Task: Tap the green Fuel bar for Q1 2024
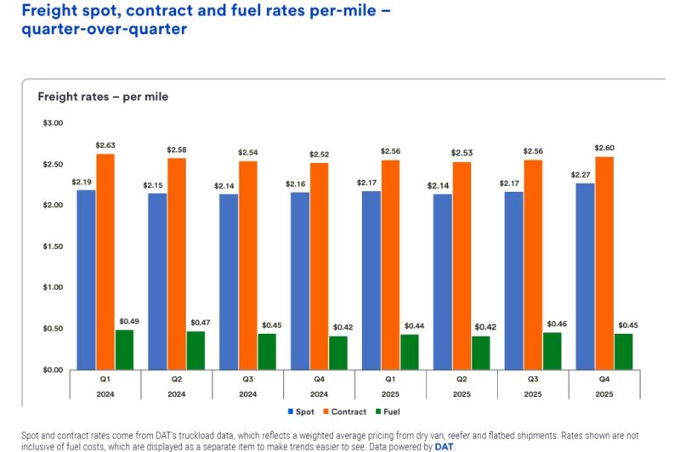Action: click(x=125, y=349)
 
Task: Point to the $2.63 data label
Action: click(x=105, y=145)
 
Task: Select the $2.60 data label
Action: click(x=603, y=148)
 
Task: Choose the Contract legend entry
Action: click(x=343, y=412)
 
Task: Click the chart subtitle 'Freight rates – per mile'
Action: click(x=103, y=97)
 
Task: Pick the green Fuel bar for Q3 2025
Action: click(x=552, y=351)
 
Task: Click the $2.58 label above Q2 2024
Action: click(x=177, y=150)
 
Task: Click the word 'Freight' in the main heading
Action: click(x=48, y=10)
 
